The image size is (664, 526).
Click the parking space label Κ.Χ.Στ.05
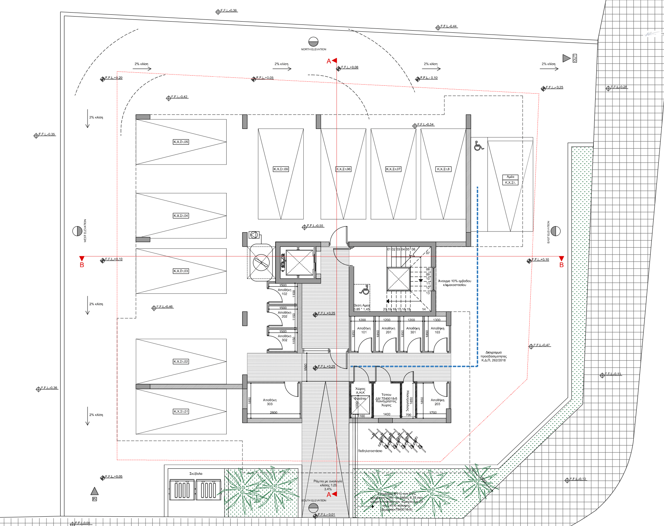tap(181, 142)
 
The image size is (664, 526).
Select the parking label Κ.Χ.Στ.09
tap(281, 169)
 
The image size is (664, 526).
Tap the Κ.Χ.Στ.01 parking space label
tap(181, 411)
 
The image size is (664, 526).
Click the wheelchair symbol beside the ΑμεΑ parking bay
tap(479, 145)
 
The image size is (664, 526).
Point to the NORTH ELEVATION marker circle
tap(313, 41)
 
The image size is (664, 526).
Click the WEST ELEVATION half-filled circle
tap(77, 231)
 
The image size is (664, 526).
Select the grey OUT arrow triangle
tap(566, 58)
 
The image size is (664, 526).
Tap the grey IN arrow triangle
tap(94, 491)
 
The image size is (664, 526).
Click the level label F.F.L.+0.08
tap(349, 67)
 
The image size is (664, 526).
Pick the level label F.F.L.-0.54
tap(425, 125)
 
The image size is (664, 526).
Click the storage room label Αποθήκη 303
tap(269, 402)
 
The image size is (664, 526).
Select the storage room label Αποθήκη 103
tap(437, 330)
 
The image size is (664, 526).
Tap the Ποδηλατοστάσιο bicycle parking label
tap(370, 451)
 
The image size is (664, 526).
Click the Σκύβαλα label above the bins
tap(196, 473)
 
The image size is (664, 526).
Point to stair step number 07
tap(428, 253)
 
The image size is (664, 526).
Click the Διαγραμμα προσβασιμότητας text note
tap(493, 356)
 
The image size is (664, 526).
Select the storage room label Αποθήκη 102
tap(284, 292)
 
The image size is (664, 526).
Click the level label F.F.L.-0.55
tap(315, 226)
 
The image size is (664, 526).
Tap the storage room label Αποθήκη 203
tap(437, 402)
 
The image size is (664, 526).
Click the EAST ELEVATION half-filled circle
tap(556, 231)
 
